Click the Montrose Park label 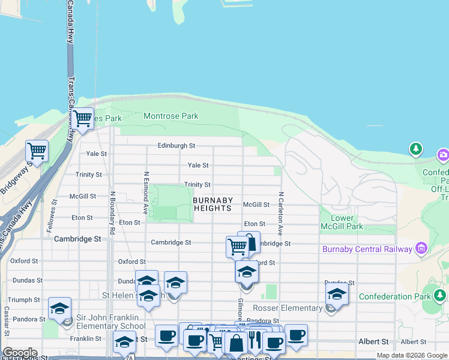pyautogui.click(x=171, y=115)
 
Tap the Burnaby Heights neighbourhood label pyautogui.click(x=212, y=204)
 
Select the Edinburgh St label pyautogui.click(x=176, y=146)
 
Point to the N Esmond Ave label pyautogui.click(x=145, y=193)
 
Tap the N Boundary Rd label pyautogui.click(x=112, y=212)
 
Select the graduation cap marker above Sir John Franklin pyautogui.click(x=59, y=308)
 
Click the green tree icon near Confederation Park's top pyautogui.click(x=415, y=148)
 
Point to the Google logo pyautogui.click(x=20, y=353)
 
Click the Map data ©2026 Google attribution pyautogui.click(x=412, y=356)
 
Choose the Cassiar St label pyautogui.click(x=7, y=321)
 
